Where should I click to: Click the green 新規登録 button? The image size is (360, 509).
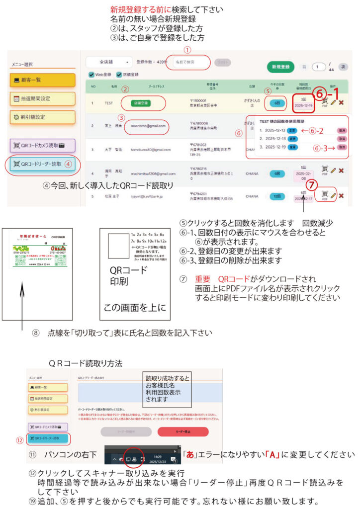(278, 67)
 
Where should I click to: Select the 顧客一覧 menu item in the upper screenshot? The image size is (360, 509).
(42, 80)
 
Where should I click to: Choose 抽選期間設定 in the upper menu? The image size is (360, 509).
(42, 98)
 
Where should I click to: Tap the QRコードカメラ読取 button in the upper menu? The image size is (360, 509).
(42, 146)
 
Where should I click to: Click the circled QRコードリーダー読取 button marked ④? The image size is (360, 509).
(42, 164)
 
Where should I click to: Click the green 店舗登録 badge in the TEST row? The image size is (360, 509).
(136, 103)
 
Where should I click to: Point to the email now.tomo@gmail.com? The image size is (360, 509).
(146, 126)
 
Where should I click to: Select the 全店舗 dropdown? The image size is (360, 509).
(109, 63)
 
